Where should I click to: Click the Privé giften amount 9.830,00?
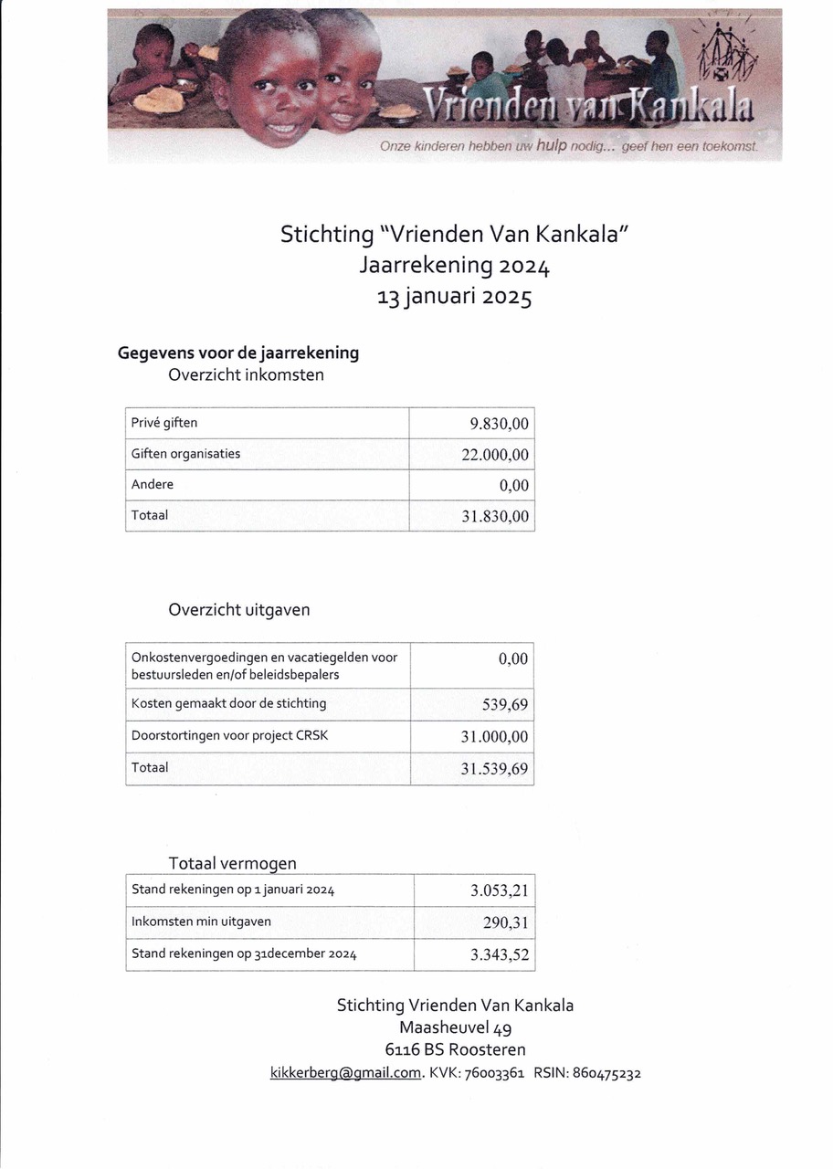tap(499, 424)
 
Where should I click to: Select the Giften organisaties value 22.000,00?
tap(495, 455)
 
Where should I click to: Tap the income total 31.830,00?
tap(495, 516)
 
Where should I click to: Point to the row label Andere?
tap(152, 484)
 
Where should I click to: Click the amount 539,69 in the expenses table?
tap(505, 704)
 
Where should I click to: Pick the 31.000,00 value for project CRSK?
tap(495, 737)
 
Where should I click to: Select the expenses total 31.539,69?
tap(495, 769)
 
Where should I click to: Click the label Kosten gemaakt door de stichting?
tap(228, 703)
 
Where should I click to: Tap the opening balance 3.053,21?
tap(500, 890)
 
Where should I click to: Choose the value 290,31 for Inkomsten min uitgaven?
tap(506, 923)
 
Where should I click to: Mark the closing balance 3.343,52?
tap(500, 955)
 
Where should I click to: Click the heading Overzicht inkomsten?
tap(246, 374)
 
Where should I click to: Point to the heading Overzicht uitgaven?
tap(238, 610)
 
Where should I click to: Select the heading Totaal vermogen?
tap(232, 863)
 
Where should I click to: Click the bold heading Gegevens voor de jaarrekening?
tap(238, 353)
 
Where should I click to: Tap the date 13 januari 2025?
tap(455, 298)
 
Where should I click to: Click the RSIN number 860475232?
tap(606, 1073)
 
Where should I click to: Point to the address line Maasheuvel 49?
tap(455, 1028)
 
